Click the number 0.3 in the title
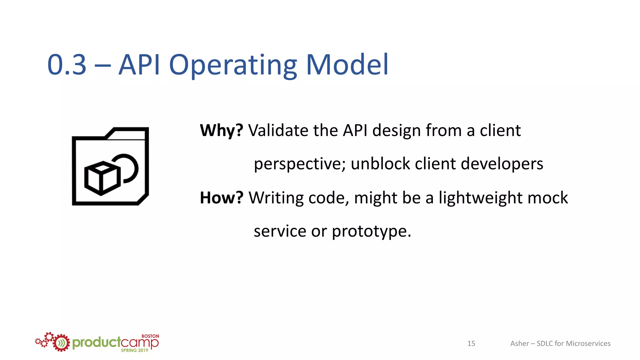click(x=67, y=65)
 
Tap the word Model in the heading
click(x=347, y=65)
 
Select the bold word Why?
click(x=221, y=130)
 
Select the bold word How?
click(x=221, y=198)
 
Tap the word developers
click(x=502, y=164)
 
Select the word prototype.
click(x=371, y=232)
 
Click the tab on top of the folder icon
click(x=128, y=133)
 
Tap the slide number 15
click(x=471, y=343)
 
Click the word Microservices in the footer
click(x=588, y=343)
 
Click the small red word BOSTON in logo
click(x=150, y=336)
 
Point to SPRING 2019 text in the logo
click(x=134, y=350)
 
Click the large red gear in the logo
click(x=61, y=343)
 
